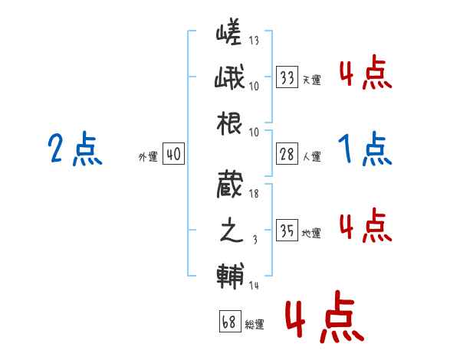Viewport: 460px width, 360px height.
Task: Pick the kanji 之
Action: click(229, 230)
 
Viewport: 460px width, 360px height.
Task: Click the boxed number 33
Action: click(287, 77)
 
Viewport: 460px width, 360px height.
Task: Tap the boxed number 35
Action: click(287, 231)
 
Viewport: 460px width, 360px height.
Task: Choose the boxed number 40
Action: click(173, 155)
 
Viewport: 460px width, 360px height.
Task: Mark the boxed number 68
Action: click(228, 322)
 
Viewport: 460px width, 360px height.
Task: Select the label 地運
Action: click(311, 233)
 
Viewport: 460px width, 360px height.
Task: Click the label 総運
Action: click(254, 325)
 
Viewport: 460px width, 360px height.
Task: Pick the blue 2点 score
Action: click(75, 149)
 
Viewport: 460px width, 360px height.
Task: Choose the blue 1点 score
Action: click(365, 149)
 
